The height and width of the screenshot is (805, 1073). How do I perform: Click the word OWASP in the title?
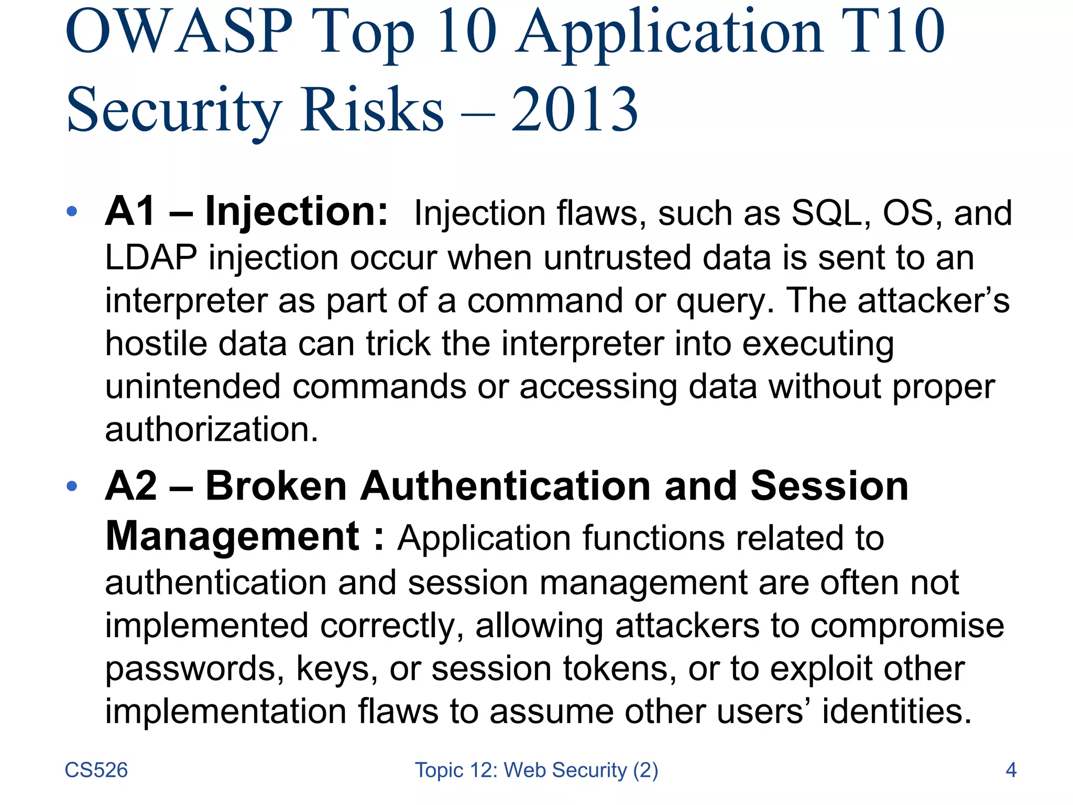click(x=179, y=32)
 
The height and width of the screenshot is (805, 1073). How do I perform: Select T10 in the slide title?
click(x=893, y=32)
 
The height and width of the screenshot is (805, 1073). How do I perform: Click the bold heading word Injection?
click(x=297, y=212)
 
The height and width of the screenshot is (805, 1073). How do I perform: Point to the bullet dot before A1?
click(x=72, y=212)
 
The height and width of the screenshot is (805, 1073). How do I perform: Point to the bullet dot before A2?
click(x=72, y=486)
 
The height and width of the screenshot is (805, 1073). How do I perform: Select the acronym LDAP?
click(x=151, y=258)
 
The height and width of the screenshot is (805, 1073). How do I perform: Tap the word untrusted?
click(x=617, y=258)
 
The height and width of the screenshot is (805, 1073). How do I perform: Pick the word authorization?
click(x=211, y=430)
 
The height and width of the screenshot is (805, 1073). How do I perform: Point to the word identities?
click(x=896, y=712)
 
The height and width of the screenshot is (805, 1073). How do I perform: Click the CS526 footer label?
click(x=96, y=770)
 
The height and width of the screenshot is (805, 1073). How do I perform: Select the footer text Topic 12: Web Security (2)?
click(x=536, y=770)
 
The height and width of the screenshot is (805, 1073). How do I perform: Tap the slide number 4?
click(x=1011, y=770)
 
